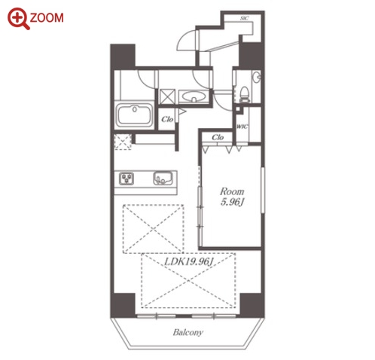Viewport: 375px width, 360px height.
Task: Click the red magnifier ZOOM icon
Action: coord(18,18)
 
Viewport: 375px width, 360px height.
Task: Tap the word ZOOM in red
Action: coord(47,18)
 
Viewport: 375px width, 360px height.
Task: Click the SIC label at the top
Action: coord(244,18)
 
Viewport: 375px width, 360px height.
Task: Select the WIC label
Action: coord(242,127)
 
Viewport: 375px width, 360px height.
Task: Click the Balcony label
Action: coord(187,332)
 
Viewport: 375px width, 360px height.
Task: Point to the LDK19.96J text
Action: coord(189,262)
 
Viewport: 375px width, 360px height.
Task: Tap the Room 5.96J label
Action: coord(232,197)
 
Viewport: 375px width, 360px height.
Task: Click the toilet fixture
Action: coord(244,95)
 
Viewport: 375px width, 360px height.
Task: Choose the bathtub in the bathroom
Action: coord(135,115)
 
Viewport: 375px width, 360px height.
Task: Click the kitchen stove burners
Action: coord(127,178)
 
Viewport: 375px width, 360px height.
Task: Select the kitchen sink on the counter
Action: coord(163,178)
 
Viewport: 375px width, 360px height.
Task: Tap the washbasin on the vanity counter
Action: coord(194,96)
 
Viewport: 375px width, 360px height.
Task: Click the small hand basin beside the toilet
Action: coord(257,77)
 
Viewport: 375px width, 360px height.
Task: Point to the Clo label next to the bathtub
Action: coord(167,119)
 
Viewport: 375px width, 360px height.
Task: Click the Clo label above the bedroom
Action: coord(218,137)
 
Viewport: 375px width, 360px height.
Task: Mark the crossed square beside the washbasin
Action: coord(167,96)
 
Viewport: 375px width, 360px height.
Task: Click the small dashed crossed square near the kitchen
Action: coord(123,142)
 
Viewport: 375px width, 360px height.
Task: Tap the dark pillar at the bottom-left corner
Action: coord(123,304)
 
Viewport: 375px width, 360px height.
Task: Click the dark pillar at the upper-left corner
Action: coord(123,56)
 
